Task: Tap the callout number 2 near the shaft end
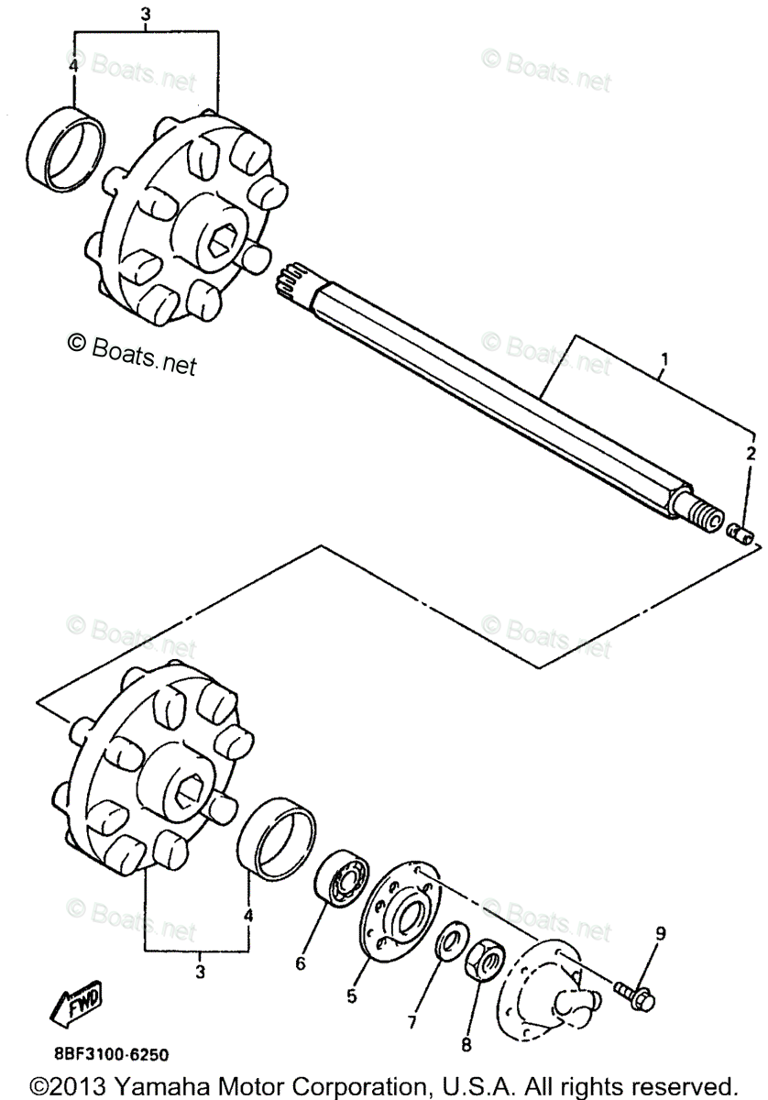[750, 453]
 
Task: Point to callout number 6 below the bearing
[299, 963]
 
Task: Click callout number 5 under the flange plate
[352, 996]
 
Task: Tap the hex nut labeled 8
[481, 962]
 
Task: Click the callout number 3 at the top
[145, 14]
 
